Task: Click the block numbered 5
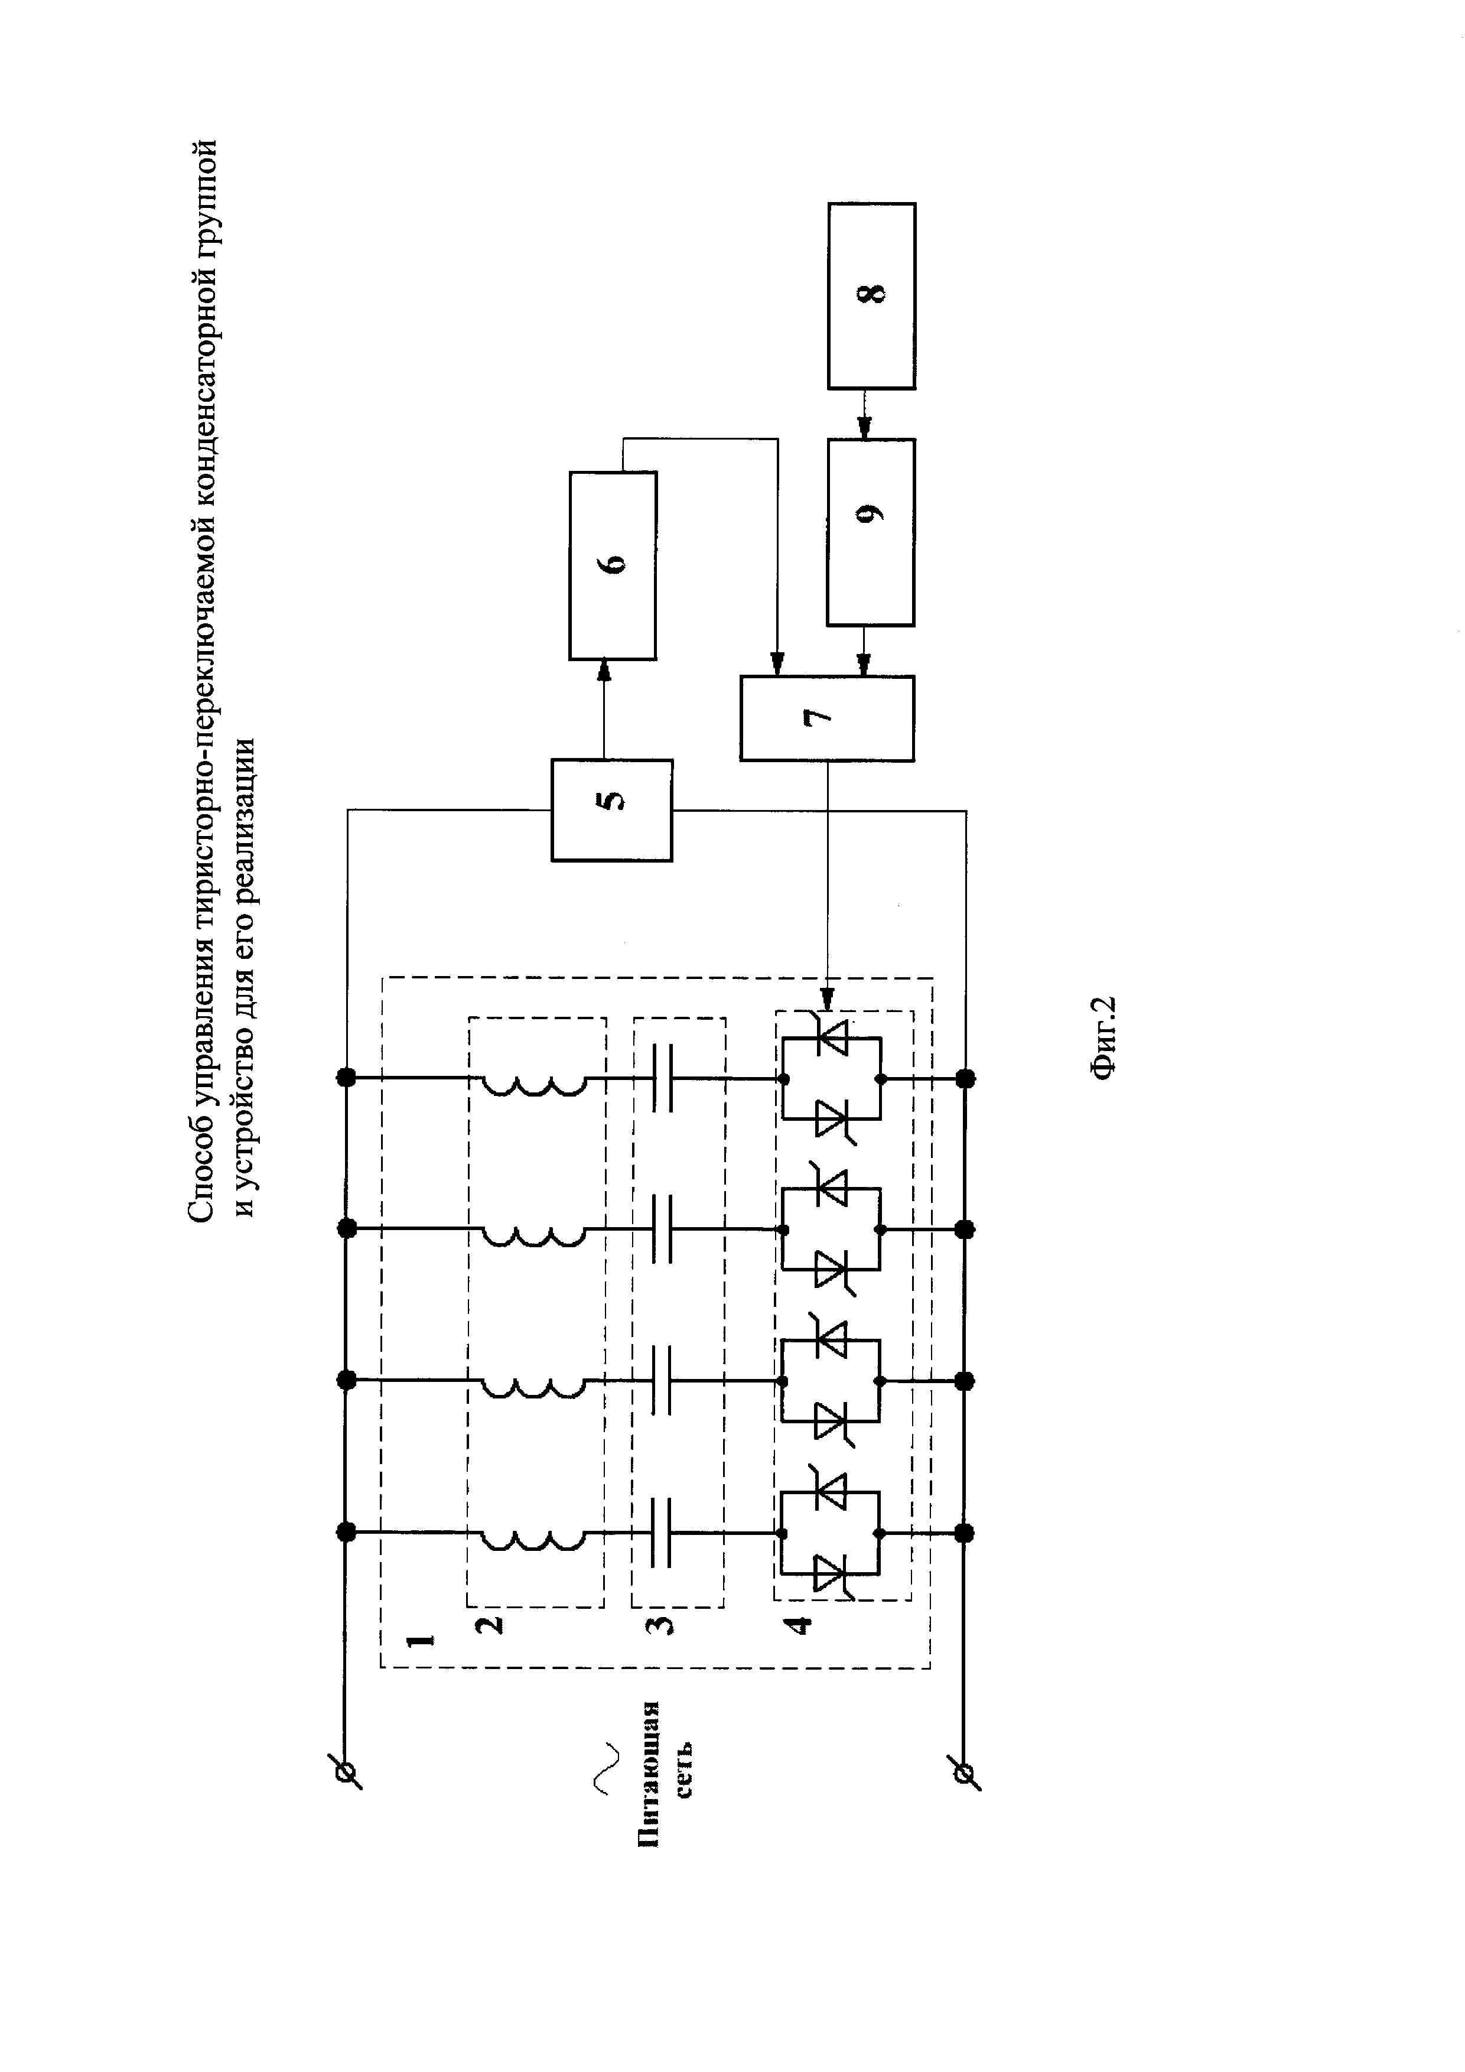click(611, 809)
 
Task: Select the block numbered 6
click(613, 565)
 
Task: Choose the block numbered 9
click(871, 532)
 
